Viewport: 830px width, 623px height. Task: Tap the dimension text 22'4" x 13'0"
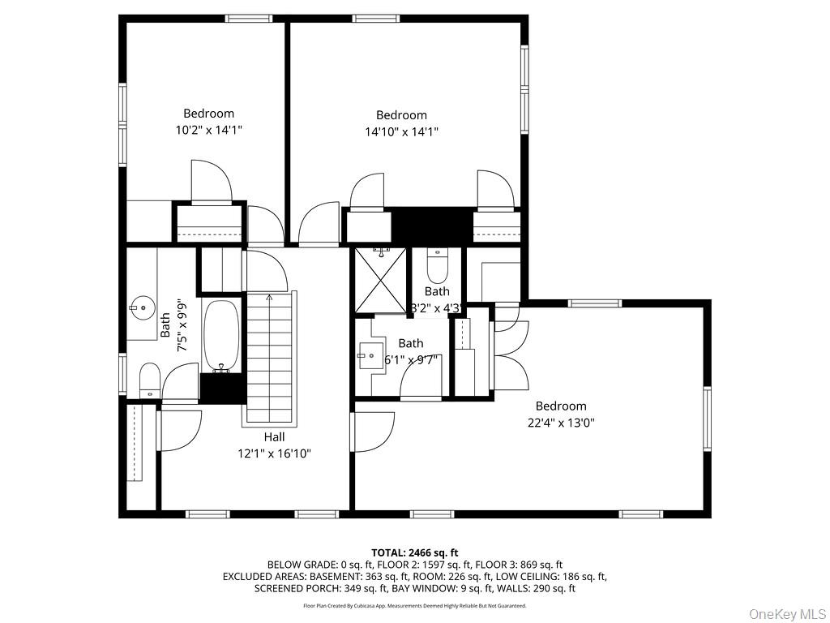(560, 423)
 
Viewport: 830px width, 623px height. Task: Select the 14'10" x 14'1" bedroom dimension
(401, 131)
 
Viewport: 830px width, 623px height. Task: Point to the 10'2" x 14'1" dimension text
(208, 130)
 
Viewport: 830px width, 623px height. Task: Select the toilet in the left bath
(149, 380)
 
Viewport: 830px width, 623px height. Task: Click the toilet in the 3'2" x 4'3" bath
(437, 265)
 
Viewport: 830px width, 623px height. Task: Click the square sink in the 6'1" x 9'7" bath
(369, 355)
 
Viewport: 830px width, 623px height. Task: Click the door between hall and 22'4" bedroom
(373, 432)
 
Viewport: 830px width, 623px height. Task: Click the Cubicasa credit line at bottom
(414, 606)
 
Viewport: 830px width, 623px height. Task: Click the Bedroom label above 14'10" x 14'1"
(401, 115)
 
